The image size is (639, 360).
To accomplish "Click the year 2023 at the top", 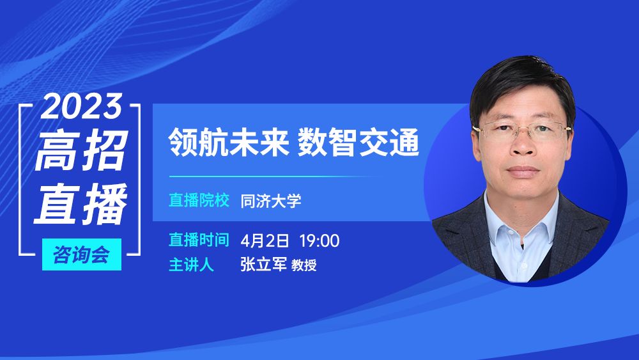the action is (82, 106).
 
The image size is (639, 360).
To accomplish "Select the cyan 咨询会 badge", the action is (82, 254).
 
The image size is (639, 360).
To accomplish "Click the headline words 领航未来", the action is (229, 143).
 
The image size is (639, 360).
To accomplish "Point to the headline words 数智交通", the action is (358, 143).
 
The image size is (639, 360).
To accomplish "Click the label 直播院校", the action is (199, 200).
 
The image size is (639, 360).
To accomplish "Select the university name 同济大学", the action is (270, 201).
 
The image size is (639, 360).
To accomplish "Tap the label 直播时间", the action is (199, 240).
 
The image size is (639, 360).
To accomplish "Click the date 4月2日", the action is (265, 240).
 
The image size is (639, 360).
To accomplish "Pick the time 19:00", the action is (319, 240).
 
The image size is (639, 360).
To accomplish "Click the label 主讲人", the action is (191, 265).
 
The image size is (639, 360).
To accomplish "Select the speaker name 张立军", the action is (263, 264).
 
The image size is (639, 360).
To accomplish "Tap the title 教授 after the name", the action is (304, 265).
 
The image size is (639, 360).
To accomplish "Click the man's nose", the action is (523, 148).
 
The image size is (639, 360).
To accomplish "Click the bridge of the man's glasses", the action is (523, 130).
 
